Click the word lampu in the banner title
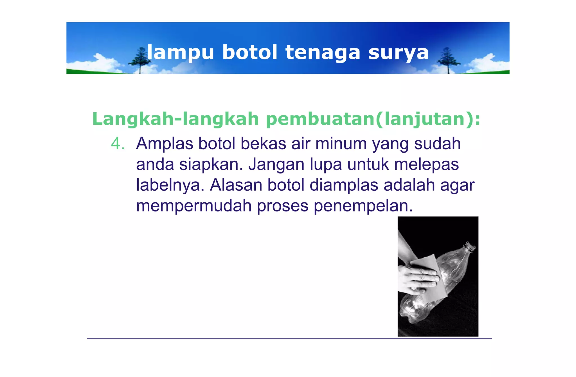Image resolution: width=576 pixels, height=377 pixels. (x=180, y=53)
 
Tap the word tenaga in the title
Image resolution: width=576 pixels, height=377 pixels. (x=323, y=53)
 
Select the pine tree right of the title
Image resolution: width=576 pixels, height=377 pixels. (x=447, y=59)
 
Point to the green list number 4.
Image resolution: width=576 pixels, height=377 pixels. (x=118, y=144)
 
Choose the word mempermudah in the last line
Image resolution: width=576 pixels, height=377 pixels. (x=194, y=206)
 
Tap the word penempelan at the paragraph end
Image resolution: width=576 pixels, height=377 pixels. (x=363, y=206)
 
